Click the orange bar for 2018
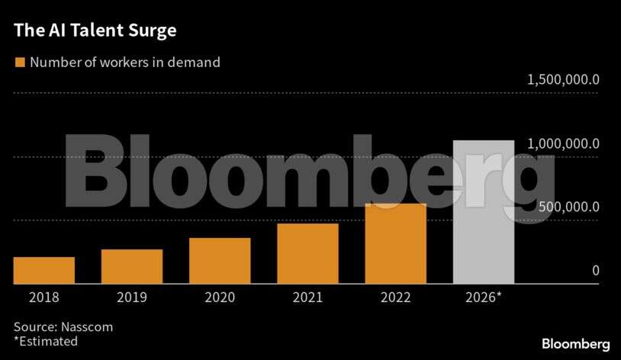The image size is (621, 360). tap(44, 270)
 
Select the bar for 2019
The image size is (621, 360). tap(132, 266)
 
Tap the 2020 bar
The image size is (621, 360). tap(220, 261)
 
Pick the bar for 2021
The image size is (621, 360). tap(307, 253)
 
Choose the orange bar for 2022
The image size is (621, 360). tap(395, 243)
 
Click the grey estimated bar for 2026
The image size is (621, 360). tap(484, 212)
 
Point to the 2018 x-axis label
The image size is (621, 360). tap(44, 297)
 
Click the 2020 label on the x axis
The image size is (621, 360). tap(220, 297)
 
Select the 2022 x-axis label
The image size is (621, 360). tap(395, 297)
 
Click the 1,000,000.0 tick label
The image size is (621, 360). tap(563, 144)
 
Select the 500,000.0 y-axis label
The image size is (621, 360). tap(568, 207)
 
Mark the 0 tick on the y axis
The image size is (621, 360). tap(595, 271)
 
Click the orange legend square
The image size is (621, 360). tap(19, 63)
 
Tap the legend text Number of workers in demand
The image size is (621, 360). tap(125, 63)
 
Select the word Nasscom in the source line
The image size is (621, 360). tap(86, 326)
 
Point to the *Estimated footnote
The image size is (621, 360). tap(46, 342)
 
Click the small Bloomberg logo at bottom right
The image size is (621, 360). tap(575, 344)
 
